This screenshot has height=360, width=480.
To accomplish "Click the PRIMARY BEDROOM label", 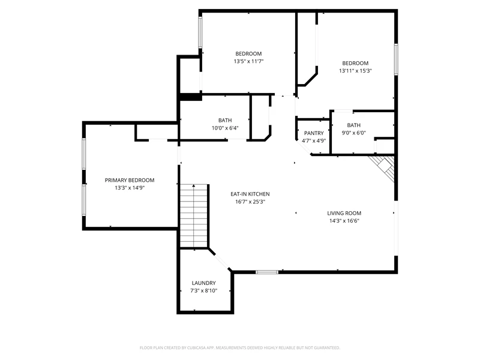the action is tap(130, 181).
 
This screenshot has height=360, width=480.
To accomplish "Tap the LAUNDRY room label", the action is tap(203, 283).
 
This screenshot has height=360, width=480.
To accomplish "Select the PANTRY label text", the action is tap(314, 133).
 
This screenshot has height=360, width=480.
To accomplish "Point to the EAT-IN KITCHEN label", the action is tap(250, 194).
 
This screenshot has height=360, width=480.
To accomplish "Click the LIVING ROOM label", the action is tap(344, 214).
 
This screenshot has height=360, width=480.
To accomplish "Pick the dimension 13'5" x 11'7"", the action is tap(248, 61).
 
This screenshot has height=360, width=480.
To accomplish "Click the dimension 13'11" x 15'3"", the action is tap(355, 71).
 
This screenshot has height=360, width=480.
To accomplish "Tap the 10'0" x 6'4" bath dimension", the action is tap(225, 128).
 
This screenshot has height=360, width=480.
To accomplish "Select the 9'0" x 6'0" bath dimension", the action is tap(353, 133).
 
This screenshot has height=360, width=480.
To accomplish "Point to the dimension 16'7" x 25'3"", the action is tap(250, 202).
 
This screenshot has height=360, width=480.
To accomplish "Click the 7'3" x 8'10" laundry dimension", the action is tap(203, 291).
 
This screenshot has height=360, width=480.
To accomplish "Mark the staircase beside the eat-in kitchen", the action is tap(194, 216).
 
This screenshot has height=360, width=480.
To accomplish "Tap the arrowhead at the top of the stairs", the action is tap(194, 185).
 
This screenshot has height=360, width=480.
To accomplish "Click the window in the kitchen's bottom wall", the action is tap(267, 272).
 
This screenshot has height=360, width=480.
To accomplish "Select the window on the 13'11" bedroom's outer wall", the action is tap(396, 59).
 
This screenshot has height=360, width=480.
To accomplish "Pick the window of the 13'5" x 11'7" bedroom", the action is tap(200, 32).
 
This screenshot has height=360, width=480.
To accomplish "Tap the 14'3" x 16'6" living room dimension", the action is tap(344, 221).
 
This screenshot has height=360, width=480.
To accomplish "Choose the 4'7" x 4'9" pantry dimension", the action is tap(314, 141).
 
